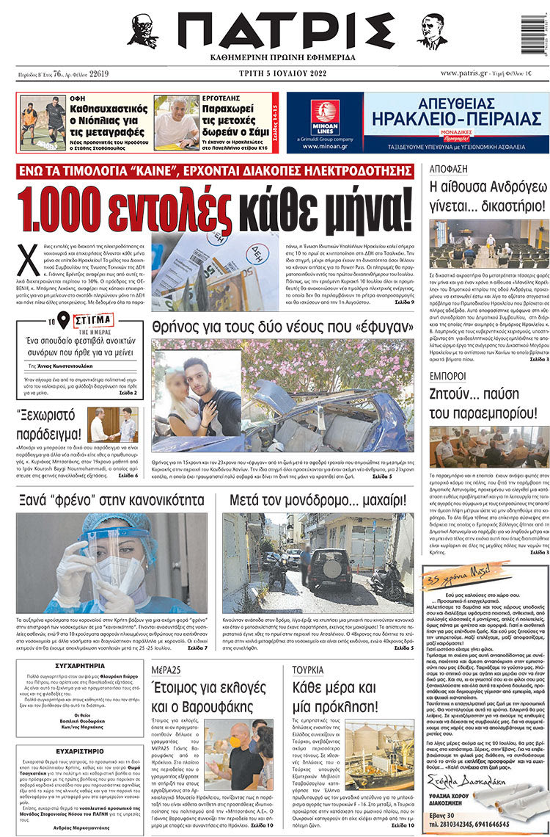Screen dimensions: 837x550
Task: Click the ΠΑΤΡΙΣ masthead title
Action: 285,32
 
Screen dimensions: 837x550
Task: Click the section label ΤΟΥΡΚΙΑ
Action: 309,670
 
